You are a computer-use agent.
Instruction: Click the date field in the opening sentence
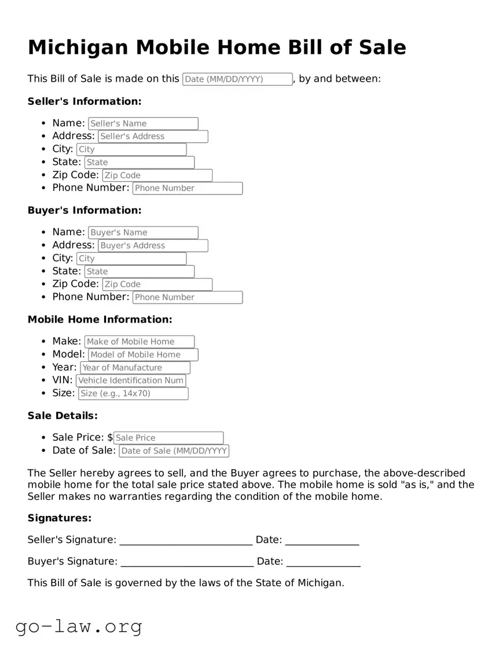237,79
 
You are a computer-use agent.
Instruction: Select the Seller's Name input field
143,123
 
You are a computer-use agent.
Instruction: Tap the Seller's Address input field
153,137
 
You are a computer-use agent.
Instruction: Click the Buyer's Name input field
143,233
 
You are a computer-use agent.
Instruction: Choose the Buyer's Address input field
153,246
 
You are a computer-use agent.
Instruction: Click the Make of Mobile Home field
139,342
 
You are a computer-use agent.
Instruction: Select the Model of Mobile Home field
143,354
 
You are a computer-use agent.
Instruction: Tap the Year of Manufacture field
135,368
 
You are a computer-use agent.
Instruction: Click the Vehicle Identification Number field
131,381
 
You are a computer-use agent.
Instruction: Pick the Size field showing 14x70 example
133,394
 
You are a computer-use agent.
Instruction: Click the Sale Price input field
168,438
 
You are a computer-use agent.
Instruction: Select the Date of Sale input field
174,451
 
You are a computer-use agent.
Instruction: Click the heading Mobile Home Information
100,320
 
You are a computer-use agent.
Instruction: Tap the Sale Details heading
63,416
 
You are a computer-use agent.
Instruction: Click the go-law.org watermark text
79,626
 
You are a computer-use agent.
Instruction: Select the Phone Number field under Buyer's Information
188,298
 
